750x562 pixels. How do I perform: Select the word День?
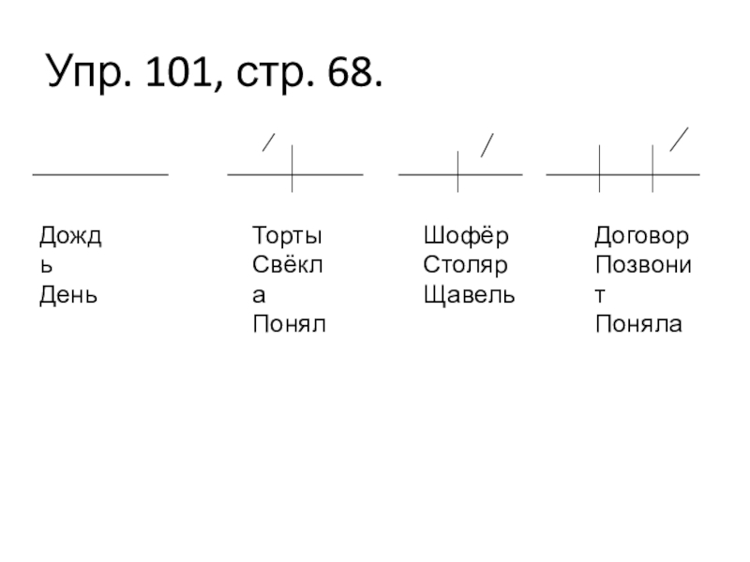pos(67,295)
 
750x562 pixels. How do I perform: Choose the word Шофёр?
pos(466,234)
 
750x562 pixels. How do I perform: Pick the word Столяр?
pos(465,264)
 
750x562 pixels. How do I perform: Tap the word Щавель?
pos(470,295)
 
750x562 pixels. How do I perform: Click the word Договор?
pos(642,234)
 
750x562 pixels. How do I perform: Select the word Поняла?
pos(638,325)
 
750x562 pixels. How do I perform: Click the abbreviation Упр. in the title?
pos(86,71)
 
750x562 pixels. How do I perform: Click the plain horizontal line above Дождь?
pos(100,174)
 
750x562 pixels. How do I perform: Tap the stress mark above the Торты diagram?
pos(269,142)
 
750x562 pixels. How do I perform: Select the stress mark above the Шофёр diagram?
pos(487,145)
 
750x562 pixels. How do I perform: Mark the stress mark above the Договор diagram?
pos(681,139)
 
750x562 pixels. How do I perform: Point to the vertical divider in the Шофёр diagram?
pos(457,172)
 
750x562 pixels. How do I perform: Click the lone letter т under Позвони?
pos(601,295)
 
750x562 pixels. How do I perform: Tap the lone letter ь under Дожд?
pos(45,264)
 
